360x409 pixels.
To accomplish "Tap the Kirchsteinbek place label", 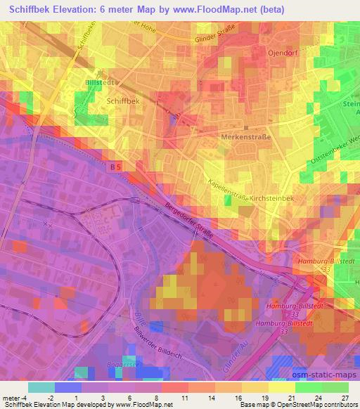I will pos(274,200).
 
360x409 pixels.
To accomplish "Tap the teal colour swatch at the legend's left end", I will pos(41,387).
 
